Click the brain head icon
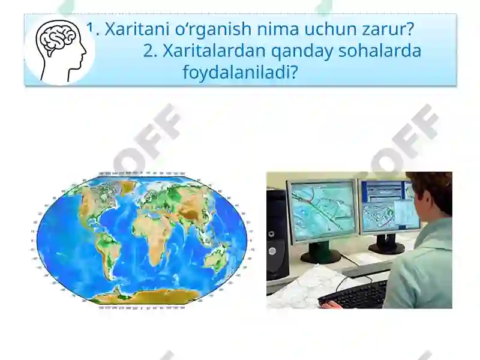point(60,49)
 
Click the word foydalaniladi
point(240,73)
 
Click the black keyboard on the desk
point(354,294)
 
